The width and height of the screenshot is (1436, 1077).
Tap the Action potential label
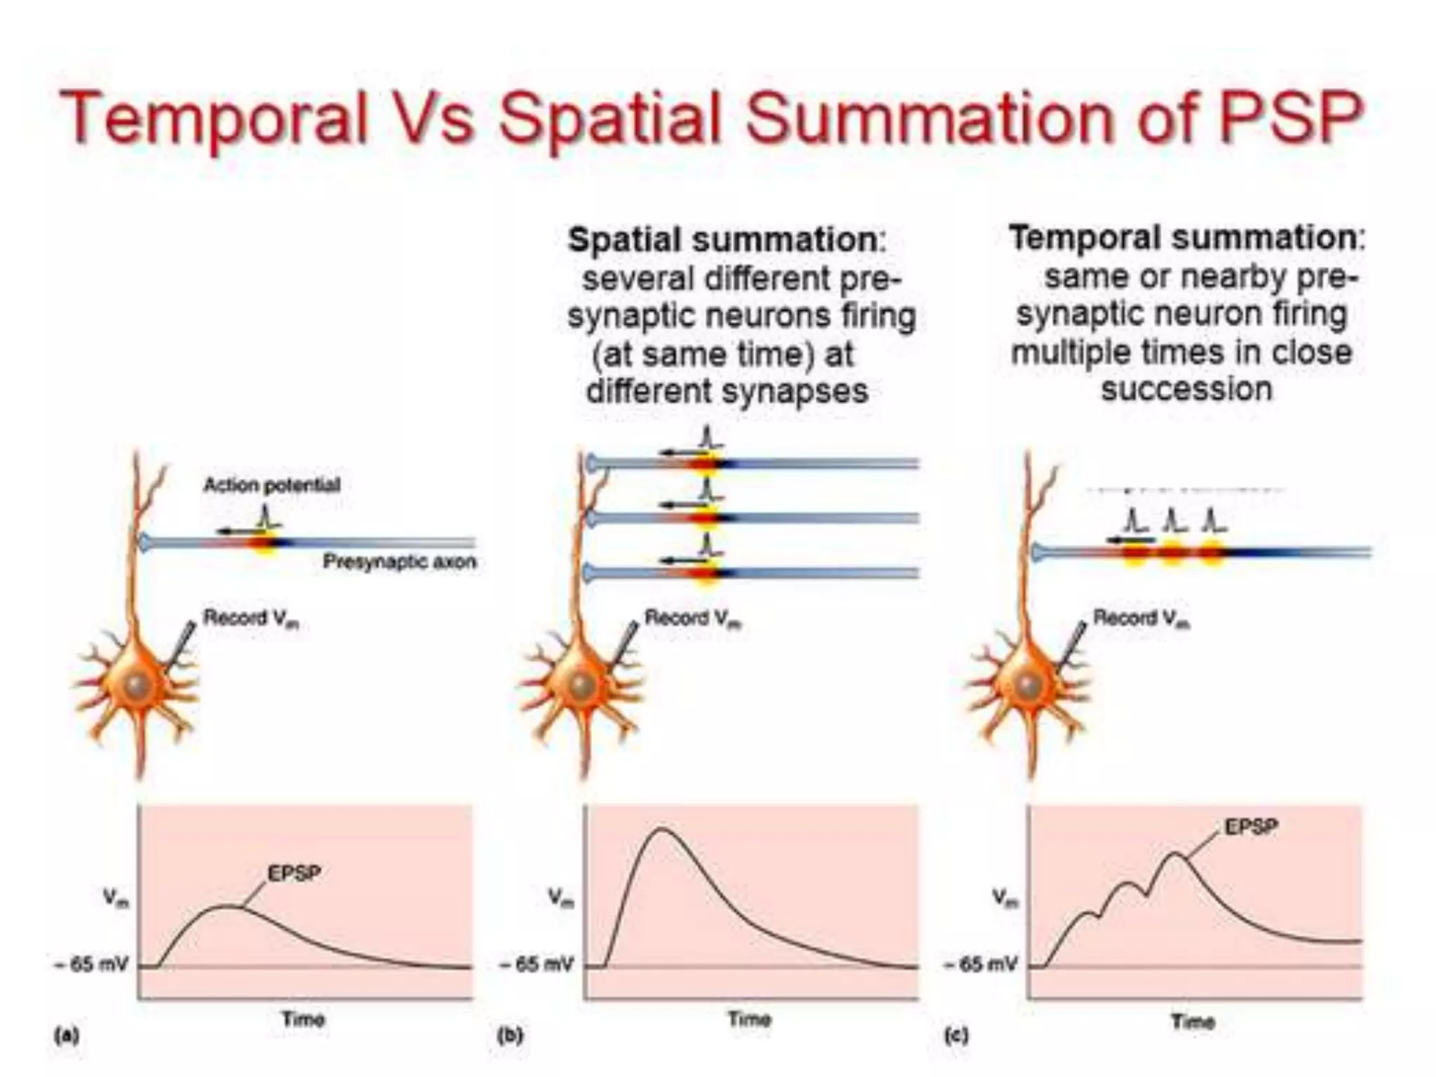[271, 485]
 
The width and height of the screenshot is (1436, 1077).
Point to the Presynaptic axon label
[399, 562]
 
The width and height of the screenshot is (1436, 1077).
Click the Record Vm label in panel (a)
[250, 618]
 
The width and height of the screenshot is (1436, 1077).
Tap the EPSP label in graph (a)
[294, 874]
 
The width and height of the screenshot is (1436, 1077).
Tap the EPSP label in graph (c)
[1251, 827]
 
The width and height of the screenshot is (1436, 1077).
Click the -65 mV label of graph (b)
[536, 965]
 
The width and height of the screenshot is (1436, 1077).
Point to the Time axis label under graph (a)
[303, 1019]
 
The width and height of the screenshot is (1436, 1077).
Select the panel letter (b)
[510, 1036]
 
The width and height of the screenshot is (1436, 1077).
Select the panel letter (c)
[956, 1036]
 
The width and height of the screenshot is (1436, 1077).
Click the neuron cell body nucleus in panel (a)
[135, 685]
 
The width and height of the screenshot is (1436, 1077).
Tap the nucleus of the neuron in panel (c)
[1029, 685]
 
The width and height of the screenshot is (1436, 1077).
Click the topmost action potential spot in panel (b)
[706, 463]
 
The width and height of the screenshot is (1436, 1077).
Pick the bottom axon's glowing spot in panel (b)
[706, 574]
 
